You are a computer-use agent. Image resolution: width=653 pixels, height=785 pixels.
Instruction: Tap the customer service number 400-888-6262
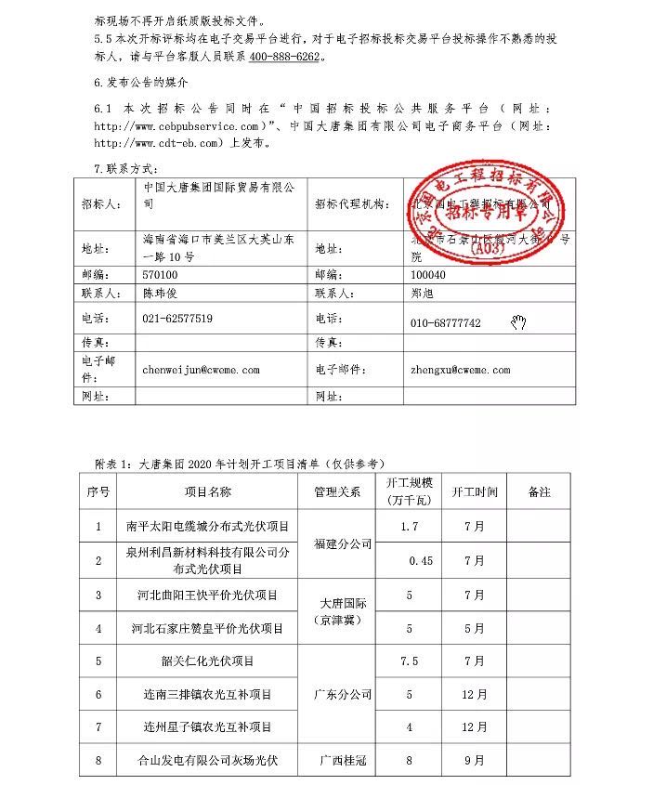(x=281, y=57)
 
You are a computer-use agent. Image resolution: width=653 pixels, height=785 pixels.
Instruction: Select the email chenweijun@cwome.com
(x=201, y=370)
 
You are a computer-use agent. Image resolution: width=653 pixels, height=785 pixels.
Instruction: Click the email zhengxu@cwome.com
(x=460, y=370)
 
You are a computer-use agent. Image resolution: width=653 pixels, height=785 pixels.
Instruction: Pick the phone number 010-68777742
(x=445, y=323)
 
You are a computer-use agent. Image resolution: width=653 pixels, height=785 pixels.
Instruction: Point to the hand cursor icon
(x=517, y=322)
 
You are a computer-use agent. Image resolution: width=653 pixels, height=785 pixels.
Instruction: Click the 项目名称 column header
(x=207, y=491)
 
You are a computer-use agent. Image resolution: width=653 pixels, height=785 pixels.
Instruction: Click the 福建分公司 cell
(x=343, y=543)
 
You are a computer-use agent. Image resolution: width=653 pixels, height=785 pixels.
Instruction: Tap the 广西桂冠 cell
(x=343, y=761)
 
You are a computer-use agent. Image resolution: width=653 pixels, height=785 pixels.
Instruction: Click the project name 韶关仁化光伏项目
(x=207, y=661)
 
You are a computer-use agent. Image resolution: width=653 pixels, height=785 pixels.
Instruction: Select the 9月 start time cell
(x=474, y=761)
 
